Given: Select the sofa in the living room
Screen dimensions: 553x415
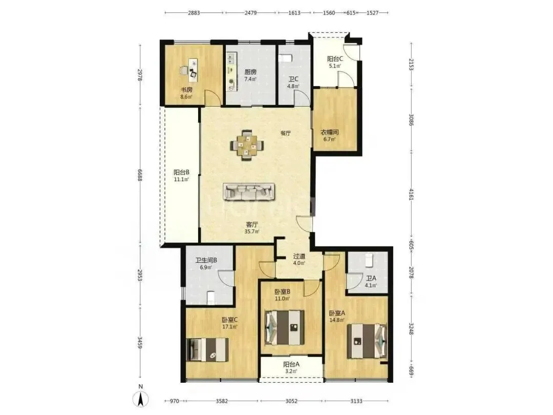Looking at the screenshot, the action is click(x=249, y=192).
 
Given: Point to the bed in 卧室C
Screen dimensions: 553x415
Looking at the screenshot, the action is click(x=207, y=350).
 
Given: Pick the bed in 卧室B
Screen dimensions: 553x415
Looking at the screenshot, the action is click(x=284, y=327).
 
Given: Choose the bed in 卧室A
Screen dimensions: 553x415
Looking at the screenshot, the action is click(x=367, y=341).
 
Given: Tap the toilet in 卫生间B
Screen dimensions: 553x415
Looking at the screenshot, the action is click(x=210, y=297).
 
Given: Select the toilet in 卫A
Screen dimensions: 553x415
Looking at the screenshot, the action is click(x=369, y=260).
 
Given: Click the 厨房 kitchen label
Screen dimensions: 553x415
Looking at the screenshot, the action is click(x=250, y=72).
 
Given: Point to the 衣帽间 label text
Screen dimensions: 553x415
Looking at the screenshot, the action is click(x=329, y=132).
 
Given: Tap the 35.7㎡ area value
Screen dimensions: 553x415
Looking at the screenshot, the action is click(x=252, y=232).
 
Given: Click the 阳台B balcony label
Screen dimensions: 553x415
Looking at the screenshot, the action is click(x=181, y=172).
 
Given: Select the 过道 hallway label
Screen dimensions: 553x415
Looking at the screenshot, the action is click(x=299, y=256).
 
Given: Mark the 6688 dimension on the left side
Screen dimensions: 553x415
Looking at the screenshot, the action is click(x=140, y=175).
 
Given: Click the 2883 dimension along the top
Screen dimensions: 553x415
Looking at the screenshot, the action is click(x=194, y=13).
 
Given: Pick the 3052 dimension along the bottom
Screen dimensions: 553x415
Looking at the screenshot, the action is click(x=291, y=401).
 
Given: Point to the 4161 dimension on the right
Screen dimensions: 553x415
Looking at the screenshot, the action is click(x=411, y=194).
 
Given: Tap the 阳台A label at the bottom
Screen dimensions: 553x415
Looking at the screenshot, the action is click(x=291, y=365).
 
